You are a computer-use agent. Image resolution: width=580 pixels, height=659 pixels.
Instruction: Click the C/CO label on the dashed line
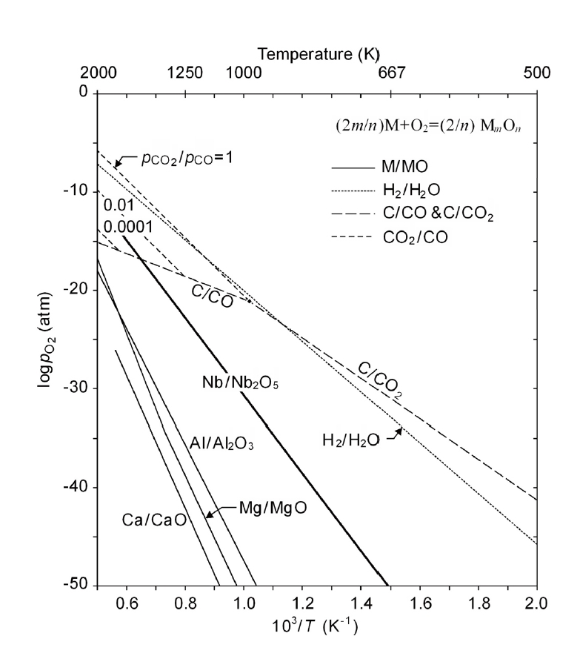click(x=213, y=297)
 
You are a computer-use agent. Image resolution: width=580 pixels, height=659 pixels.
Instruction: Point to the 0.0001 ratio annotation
click(x=127, y=225)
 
